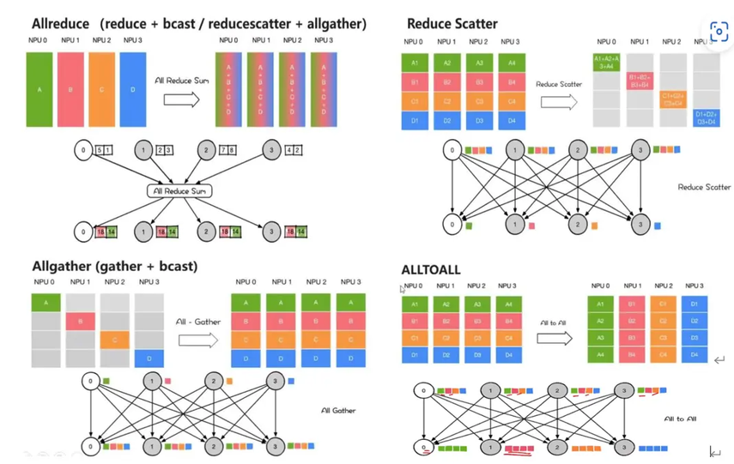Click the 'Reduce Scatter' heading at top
coord(452,23)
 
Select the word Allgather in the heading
coord(64,266)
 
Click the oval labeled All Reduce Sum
coord(178,190)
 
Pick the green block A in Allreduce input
coord(40,88)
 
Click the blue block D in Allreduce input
coord(133,88)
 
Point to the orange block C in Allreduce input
coord(102,88)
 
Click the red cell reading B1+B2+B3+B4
coord(641,81)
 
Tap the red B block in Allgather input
coord(80,321)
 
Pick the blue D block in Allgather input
coord(149,357)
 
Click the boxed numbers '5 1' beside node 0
coord(104,151)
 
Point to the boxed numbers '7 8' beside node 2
coord(229,151)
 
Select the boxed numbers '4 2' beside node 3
coord(292,151)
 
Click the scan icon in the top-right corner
coord(719,32)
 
